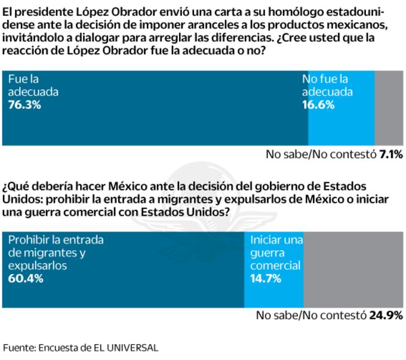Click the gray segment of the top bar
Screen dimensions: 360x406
389,108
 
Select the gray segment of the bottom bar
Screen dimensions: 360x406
353,269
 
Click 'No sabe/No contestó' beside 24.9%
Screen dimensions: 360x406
311,316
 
